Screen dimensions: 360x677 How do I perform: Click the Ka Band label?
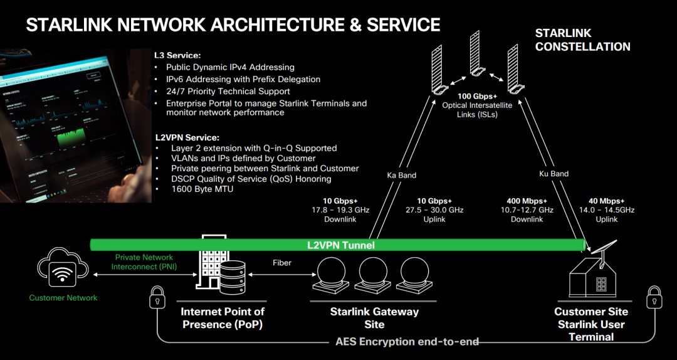point(402,175)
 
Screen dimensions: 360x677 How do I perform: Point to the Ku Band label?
point(554,173)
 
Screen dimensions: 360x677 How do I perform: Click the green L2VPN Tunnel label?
point(340,245)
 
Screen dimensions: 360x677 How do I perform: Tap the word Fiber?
point(282,262)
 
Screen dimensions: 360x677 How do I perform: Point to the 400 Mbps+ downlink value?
point(527,201)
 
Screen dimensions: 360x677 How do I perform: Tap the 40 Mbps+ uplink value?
point(606,201)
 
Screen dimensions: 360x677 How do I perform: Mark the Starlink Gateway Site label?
point(374,318)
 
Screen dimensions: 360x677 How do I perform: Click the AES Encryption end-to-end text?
point(407,342)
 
